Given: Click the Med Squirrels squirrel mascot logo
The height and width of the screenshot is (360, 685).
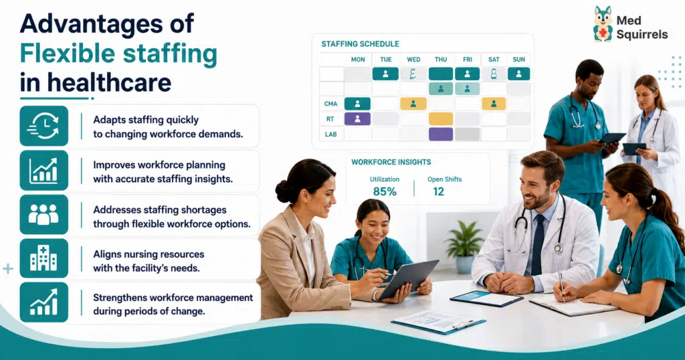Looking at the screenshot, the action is pyautogui.click(x=603, y=25).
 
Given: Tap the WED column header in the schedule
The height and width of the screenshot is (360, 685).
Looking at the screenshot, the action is pyautogui.click(x=413, y=60).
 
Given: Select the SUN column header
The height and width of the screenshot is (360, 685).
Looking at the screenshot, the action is pyautogui.click(x=518, y=60).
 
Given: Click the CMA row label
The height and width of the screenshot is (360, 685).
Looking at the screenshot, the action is pyautogui.click(x=330, y=104).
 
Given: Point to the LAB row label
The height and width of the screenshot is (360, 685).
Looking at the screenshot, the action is pyautogui.click(x=330, y=134).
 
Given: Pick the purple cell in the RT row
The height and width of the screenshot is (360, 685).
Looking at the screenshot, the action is pyautogui.click(x=357, y=119).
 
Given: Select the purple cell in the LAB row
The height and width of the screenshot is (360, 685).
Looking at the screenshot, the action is pyautogui.click(x=441, y=134).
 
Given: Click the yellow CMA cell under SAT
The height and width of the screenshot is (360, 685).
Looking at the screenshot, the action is pyautogui.click(x=494, y=104).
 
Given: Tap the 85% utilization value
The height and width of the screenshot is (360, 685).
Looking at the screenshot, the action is pyautogui.click(x=385, y=191).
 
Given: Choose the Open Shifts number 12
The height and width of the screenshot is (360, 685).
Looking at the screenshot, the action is pyautogui.click(x=438, y=191).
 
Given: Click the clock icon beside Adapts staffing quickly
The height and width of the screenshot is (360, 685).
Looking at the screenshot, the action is pyautogui.click(x=43, y=126).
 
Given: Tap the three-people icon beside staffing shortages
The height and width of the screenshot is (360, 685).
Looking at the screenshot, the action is pyautogui.click(x=43, y=215).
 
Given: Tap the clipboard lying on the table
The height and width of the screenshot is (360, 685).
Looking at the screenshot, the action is pyautogui.click(x=439, y=323).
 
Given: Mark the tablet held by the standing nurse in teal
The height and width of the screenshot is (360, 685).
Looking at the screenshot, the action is pyautogui.click(x=611, y=139).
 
